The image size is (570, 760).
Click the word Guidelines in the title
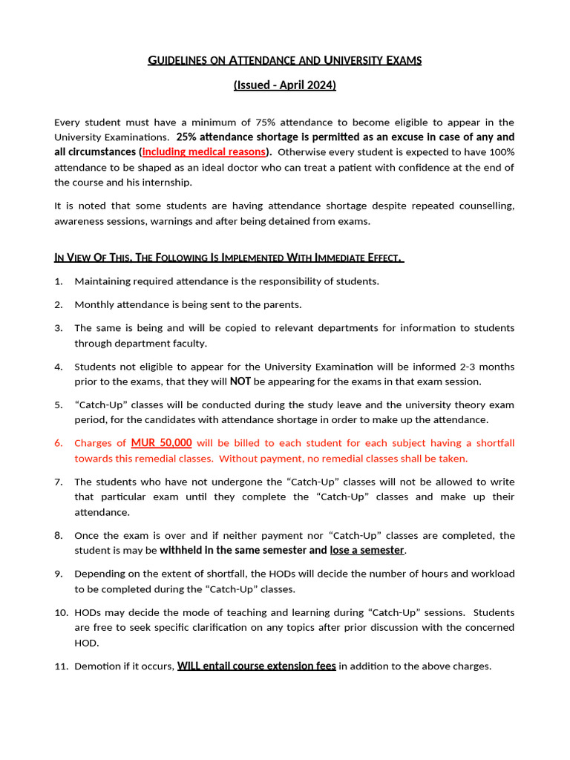pos(177,60)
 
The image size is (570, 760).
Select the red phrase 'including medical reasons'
pos(204,152)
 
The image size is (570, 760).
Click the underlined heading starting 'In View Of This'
pos(229,258)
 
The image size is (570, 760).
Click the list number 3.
pos(59,328)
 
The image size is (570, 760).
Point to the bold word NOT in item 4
pos(240,381)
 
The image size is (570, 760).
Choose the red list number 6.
pos(59,443)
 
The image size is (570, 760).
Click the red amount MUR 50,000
pos(161,443)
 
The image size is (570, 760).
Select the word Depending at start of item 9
pos(100,574)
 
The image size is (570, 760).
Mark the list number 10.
pos(61,612)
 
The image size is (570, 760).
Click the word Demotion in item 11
pos(98,666)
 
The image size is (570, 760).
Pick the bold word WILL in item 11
pos(189,666)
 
